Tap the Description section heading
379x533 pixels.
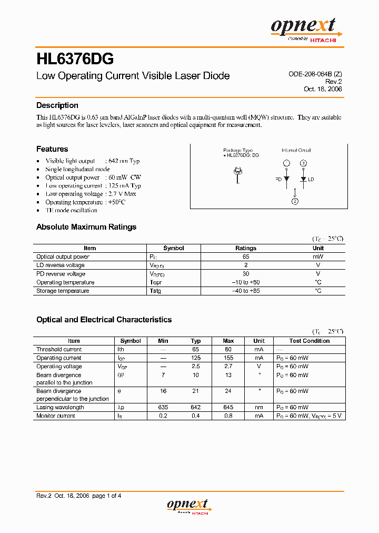pyautogui.click(x=57, y=105)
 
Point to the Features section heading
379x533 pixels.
pyautogui.click(x=52, y=149)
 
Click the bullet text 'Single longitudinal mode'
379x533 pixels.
pyautogui.click(x=77, y=169)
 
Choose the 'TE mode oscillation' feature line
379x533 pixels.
pyautogui.click(x=71, y=210)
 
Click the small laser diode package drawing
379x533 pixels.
pyautogui.click(x=238, y=174)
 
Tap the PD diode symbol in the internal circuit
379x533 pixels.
pyautogui.click(x=286, y=179)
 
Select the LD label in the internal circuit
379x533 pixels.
pyautogui.click(x=311, y=180)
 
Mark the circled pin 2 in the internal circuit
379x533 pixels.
pyautogui.click(x=295, y=201)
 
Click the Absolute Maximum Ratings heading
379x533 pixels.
pyautogui.click(x=86, y=227)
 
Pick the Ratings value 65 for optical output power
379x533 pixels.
pyautogui.click(x=246, y=256)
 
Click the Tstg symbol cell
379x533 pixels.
pyautogui.click(x=155, y=291)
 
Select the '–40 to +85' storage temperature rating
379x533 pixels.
pyautogui.click(x=246, y=291)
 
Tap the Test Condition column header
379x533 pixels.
pyautogui.click(x=310, y=341)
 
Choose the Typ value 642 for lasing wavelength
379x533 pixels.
pyautogui.click(x=196, y=407)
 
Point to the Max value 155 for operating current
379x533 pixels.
pyautogui.click(x=228, y=358)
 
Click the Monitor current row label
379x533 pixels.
pyautogui.click(x=56, y=416)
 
